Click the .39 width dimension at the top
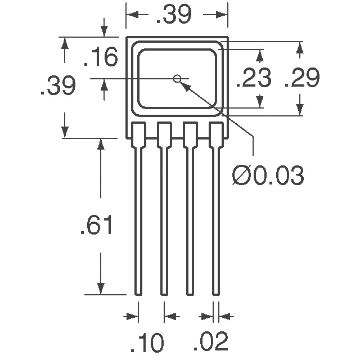pyautogui.click(x=174, y=15)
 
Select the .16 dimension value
pyautogui.click(x=101, y=57)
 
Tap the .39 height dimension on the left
pyautogui.click(x=58, y=85)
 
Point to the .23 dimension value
pyautogui.click(x=254, y=78)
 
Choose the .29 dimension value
pyautogui.click(x=302, y=78)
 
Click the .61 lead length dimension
pyautogui.click(x=97, y=225)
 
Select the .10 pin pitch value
pyautogui.click(x=147, y=342)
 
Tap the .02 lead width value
pyautogui.click(x=211, y=342)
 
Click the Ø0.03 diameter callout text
pyautogui.click(x=268, y=175)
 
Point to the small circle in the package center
pyautogui.click(x=177, y=79)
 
